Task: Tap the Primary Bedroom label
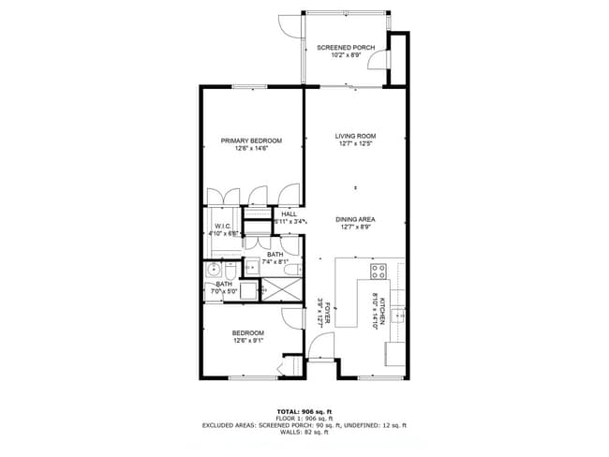[x=251, y=140]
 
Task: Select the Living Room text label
[x=355, y=136]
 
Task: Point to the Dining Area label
[x=355, y=219]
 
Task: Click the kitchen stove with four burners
[x=379, y=272]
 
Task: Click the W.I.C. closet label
[x=223, y=226]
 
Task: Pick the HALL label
[x=289, y=214]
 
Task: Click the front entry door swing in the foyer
[x=321, y=354]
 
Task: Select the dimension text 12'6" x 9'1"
[x=248, y=341]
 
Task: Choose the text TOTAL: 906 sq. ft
[x=304, y=411]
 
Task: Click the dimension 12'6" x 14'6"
[x=251, y=149]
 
